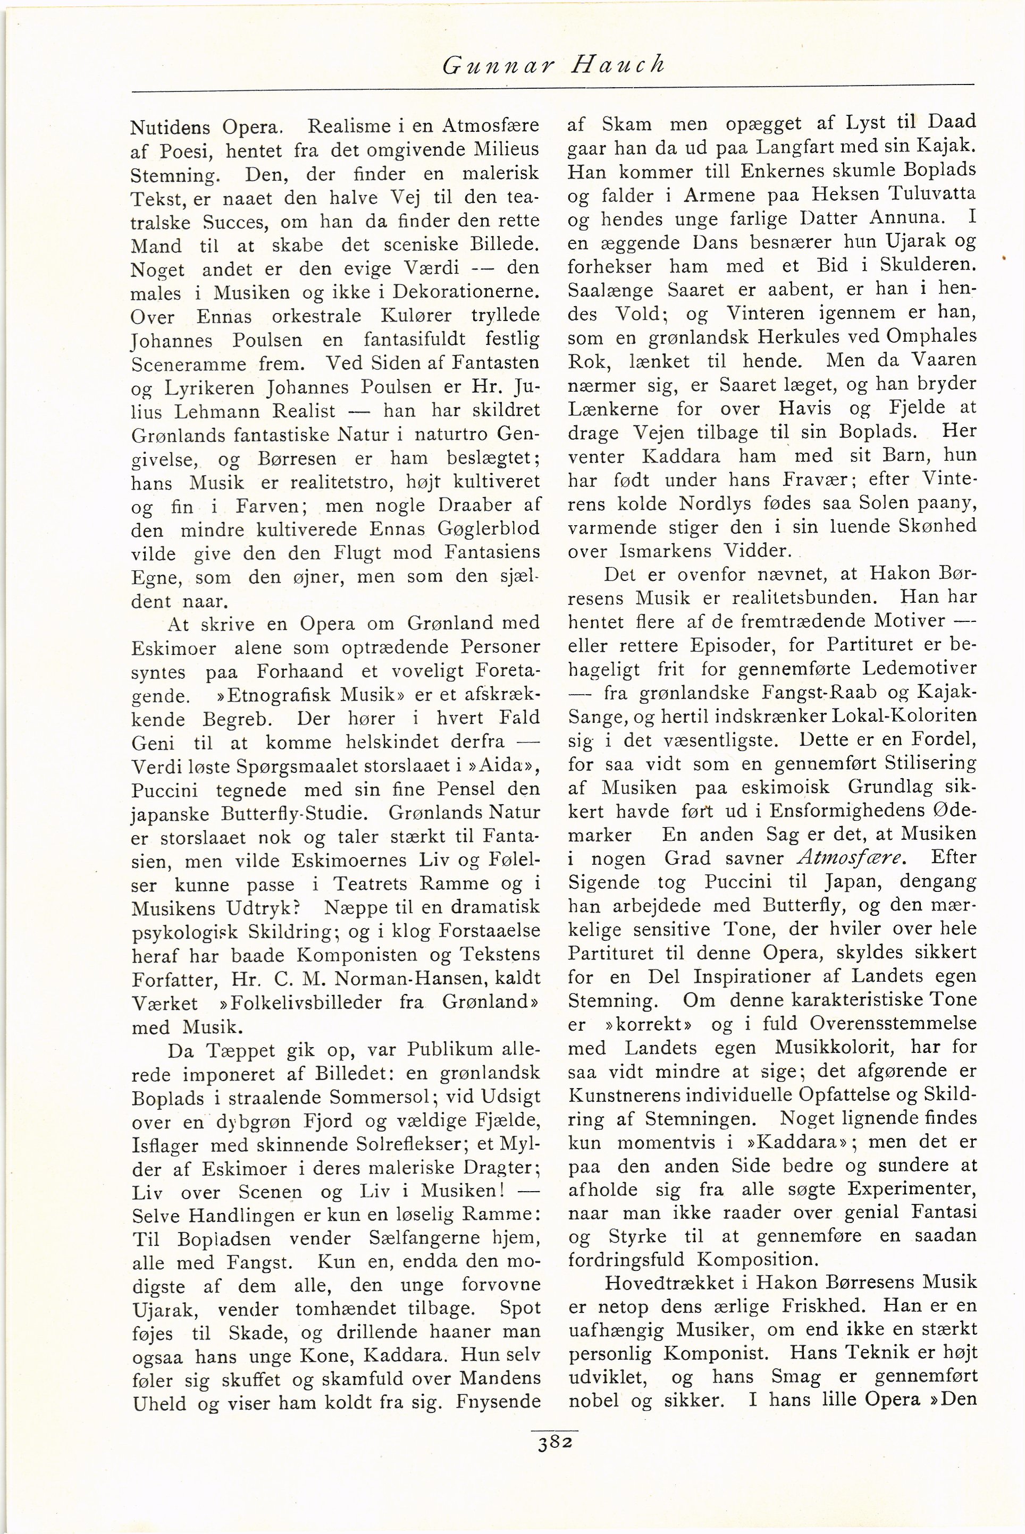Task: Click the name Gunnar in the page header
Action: point(497,65)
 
